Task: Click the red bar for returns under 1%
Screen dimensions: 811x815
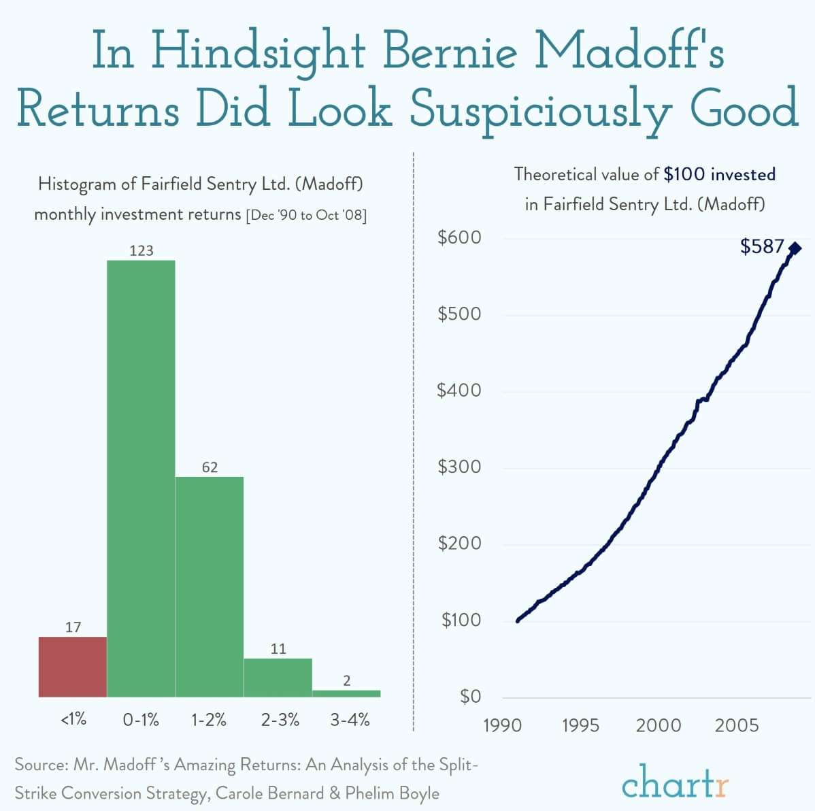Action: (x=73, y=667)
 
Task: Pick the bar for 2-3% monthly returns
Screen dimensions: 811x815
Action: (x=278, y=678)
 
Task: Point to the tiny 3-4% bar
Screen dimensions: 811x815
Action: (x=346, y=693)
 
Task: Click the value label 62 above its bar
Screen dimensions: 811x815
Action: (x=210, y=467)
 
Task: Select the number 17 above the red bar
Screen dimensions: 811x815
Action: (x=73, y=627)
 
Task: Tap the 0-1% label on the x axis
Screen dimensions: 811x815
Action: (x=141, y=719)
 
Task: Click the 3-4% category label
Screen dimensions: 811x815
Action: (x=350, y=719)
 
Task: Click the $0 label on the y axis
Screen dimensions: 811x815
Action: (x=470, y=696)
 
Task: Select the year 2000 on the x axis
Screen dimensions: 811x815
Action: (x=658, y=725)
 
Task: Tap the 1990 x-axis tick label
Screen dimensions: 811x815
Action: (x=502, y=725)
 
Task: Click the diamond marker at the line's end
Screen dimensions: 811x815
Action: (x=795, y=248)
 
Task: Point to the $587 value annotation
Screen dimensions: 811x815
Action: (x=762, y=246)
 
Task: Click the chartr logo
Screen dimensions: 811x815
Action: (x=675, y=782)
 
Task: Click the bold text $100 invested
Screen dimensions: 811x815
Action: (x=720, y=174)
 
